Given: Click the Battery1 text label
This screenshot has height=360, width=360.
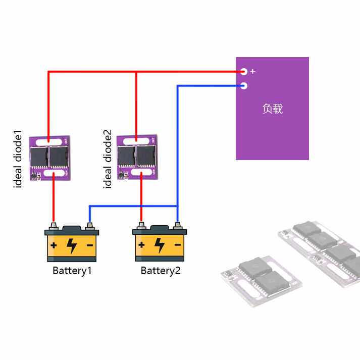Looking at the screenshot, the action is point(72,271).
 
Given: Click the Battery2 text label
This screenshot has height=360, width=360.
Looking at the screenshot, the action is point(160,271).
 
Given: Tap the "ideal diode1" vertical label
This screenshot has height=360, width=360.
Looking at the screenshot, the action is point(18,159).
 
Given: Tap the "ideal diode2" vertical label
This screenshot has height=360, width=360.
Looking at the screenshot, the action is point(107,159).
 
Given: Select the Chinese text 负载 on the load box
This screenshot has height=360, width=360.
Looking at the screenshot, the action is point(272,109).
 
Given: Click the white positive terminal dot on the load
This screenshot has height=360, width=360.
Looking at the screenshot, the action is point(244,72).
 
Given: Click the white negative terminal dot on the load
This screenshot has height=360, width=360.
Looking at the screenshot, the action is point(244,86).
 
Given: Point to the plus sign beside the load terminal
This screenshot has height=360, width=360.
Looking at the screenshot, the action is point(253,71).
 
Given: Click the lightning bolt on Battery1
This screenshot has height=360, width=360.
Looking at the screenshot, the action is point(71,246).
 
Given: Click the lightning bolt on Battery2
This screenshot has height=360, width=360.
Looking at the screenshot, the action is point(160,245).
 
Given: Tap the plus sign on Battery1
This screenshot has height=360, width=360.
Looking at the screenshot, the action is point(54,245).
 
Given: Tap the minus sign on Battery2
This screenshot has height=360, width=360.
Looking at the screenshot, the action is point(178,245).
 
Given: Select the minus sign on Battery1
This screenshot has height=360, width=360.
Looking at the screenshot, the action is point(90,245).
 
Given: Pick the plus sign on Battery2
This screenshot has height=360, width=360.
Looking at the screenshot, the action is point(142,245).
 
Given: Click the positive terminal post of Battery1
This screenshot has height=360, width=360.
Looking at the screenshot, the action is point(54,226).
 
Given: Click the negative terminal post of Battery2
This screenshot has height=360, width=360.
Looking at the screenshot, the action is point(177,226).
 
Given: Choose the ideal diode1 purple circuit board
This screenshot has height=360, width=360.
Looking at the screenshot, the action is point(50,158).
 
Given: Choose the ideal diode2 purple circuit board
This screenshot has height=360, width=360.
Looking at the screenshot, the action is point(137,157).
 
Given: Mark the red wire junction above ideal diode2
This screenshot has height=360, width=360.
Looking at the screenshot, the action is point(136,72).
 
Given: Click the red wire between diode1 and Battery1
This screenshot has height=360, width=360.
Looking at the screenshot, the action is point(54,197).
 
